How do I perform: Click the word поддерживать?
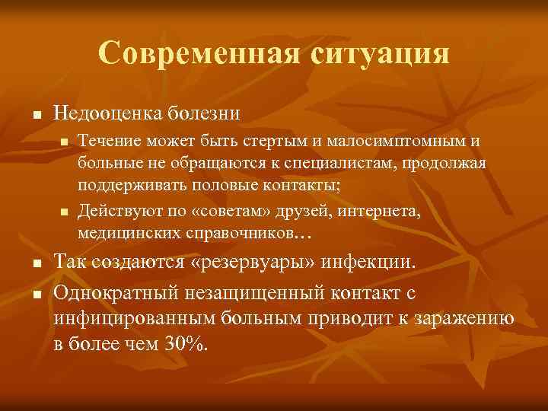(x=119, y=186)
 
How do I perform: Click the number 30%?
(x=185, y=344)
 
